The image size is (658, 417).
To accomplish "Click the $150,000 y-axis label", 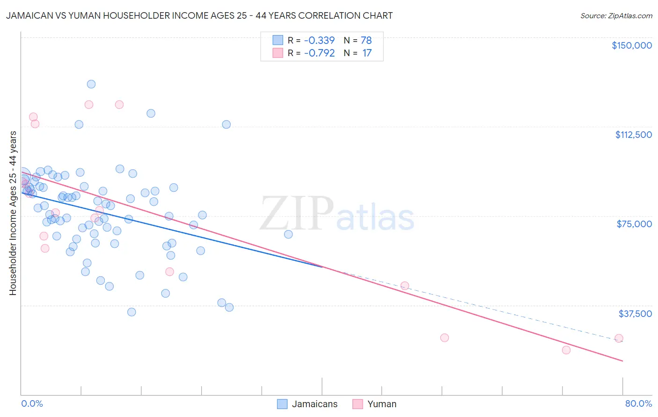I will pyautogui.click(x=631, y=45).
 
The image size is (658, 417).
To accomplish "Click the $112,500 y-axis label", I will pyautogui.click(x=633, y=135).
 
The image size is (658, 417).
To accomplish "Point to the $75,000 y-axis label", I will pyautogui.click(x=634, y=224).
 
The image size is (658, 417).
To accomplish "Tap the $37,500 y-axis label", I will pyautogui.click(x=635, y=314).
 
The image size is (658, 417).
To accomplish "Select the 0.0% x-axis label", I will pyautogui.click(x=32, y=403).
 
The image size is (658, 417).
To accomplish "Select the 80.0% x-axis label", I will pyautogui.click(x=638, y=403).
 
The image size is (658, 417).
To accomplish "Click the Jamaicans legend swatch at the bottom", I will pyautogui.click(x=282, y=404).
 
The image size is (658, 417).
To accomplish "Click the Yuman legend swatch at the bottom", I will pyautogui.click(x=358, y=404).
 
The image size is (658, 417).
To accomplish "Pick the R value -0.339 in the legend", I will pyautogui.click(x=319, y=40).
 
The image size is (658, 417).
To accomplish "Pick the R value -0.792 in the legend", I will pyautogui.click(x=319, y=53).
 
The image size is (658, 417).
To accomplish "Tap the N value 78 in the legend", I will pyautogui.click(x=366, y=40).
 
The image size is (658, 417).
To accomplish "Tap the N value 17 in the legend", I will pyautogui.click(x=367, y=53).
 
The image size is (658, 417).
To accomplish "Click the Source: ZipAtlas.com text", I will pyautogui.click(x=616, y=15).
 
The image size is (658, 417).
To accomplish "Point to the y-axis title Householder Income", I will pyautogui.click(x=13, y=213).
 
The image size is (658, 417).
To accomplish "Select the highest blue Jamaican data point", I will pyautogui.click(x=91, y=84).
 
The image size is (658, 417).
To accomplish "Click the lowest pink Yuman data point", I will pyautogui.click(x=566, y=350).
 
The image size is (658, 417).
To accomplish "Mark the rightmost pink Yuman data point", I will pyautogui.click(x=619, y=338).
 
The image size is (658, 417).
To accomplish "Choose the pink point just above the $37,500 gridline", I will pyautogui.click(x=405, y=286).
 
